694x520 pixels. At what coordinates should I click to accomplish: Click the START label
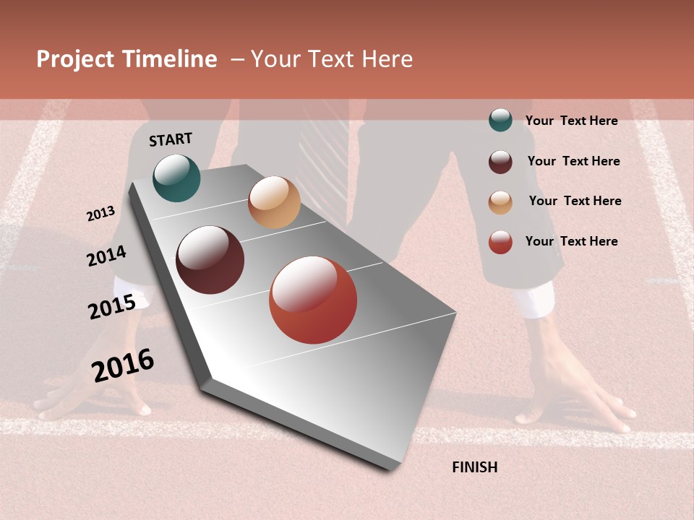(171, 139)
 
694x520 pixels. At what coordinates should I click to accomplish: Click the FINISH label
(475, 467)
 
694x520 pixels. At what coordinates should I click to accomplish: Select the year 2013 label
(101, 214)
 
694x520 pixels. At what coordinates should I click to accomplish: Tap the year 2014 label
(107, 256)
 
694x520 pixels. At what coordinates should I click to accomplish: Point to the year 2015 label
(112, 307)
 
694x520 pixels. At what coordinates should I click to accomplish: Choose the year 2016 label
(123, 365)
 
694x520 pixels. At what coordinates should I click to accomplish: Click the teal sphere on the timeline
(176, 178)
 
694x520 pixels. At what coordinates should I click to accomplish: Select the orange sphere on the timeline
(274, 202)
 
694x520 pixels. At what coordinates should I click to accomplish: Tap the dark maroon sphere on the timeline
(210, 260)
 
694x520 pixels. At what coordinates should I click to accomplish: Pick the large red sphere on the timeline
(313, 300)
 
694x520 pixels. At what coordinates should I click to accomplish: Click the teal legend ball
(500, 120)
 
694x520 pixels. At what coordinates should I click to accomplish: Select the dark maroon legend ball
(500, 162)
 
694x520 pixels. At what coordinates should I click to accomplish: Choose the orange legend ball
(500, 202)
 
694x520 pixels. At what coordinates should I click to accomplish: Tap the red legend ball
(500, 242)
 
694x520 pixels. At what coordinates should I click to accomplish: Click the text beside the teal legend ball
(571, 121)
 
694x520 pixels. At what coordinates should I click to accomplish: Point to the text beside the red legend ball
(571, 241)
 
